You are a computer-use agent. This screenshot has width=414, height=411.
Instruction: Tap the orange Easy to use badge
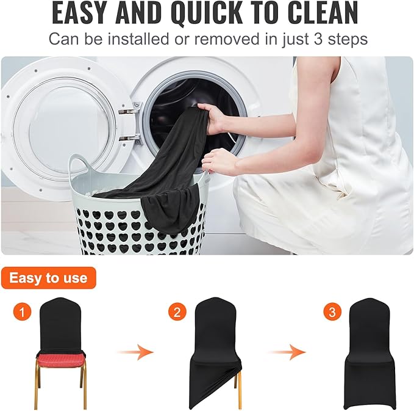click(x=48, y=278)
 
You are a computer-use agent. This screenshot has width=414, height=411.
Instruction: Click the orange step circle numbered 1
click(x=22, y=313)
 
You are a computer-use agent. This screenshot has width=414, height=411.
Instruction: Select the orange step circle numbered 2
click(x=177, y=313)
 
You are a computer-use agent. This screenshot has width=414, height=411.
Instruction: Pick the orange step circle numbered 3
click(x=332, y=313)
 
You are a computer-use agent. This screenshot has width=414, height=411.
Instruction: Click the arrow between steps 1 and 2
click(x=134, y=352)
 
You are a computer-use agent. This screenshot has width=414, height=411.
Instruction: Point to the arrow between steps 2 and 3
click(x=287, y=352)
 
